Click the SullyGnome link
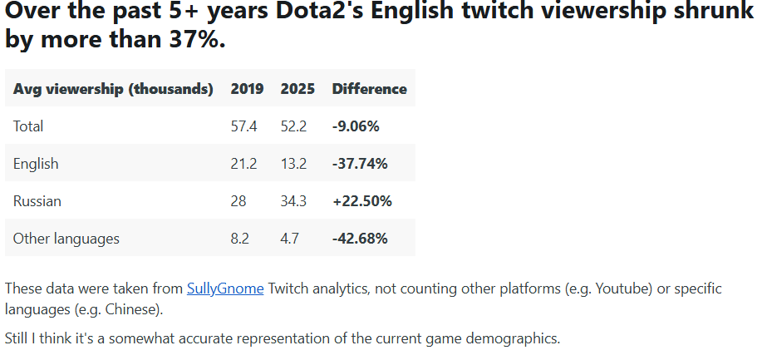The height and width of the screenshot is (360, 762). click(x=225, y=288)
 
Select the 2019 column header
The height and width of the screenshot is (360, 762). click(x=247, y=88)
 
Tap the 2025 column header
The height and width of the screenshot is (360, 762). click(x=297, y=88)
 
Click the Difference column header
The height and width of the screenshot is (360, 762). click(x=369, y=88)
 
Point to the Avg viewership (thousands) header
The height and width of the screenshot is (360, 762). click(x=113, y=88)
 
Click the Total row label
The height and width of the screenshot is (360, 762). click(x=28, y=126)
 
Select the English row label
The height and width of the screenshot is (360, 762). click(x=36, y=164)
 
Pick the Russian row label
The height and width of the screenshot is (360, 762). click(x=37, y=201)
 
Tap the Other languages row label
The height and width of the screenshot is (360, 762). click(x=66, y=239)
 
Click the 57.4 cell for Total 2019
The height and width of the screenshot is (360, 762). click(x=243, y=126)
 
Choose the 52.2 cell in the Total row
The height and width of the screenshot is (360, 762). click(x=294, y=126)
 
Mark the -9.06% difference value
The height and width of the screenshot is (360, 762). click(x=356, y=126)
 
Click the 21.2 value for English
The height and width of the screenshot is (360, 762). click(x=243, y=164)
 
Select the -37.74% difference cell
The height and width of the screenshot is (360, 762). click(x=360, y=164)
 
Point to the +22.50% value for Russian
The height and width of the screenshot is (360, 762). click(x=361, y=201)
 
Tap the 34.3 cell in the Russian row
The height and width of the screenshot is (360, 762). click(x=294, y=201)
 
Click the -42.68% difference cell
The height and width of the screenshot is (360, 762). click(x=360, y=239)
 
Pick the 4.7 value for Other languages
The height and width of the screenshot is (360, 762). click(x=290, y=239)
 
